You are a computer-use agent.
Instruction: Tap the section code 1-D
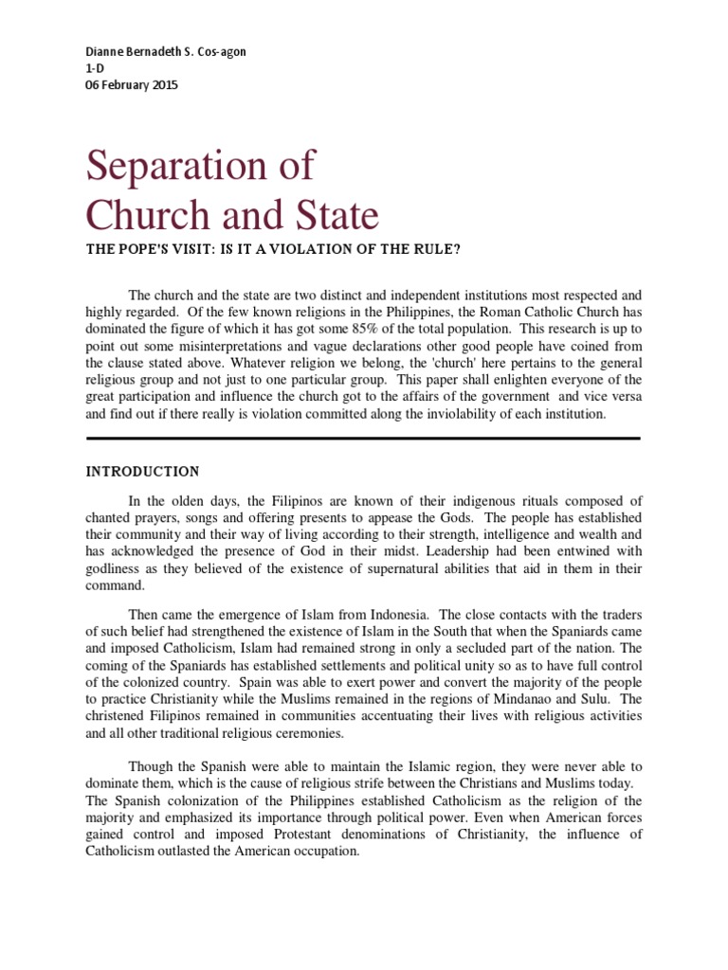(x=93, y=68)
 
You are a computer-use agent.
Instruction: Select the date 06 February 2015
(x=131, y=85)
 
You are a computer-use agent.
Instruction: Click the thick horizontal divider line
(x=363, y=439)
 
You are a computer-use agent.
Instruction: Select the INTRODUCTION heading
(x=143, y=471)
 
